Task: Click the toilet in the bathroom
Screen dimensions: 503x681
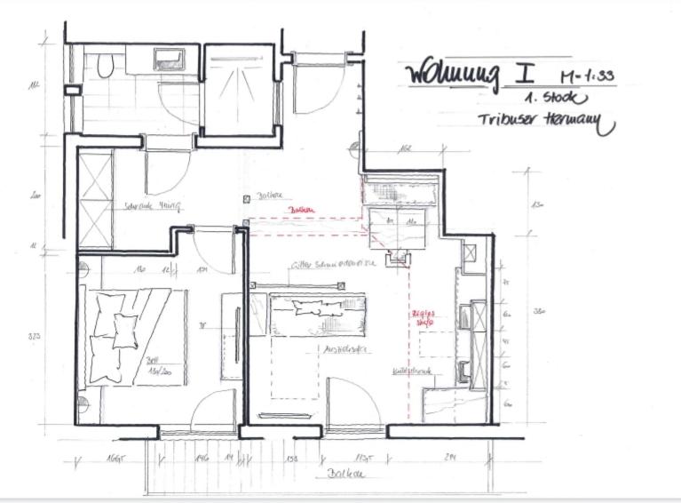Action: tap(105, 65)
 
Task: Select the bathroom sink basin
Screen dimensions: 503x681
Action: tap(169, 60)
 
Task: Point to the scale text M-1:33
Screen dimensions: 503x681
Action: tap(587, 76)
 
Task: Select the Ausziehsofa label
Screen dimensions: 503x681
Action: tap(325, 350)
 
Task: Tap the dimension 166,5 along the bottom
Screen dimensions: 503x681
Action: tap(115, 459)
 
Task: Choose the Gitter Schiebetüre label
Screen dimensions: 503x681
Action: tap(333, 265)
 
